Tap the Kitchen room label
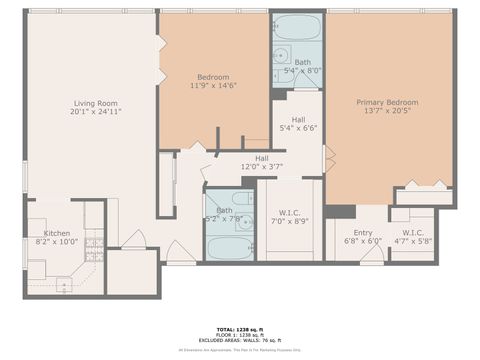pos(56,233)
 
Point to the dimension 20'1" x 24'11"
pos(95,112)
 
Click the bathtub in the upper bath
pos(298,27)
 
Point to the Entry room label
pos(355,231)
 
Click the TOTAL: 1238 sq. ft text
pos(240,328)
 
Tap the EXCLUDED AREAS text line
pos(240,340)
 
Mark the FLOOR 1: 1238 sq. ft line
pos(240,334)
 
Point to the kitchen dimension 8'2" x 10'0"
pos(56,242)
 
